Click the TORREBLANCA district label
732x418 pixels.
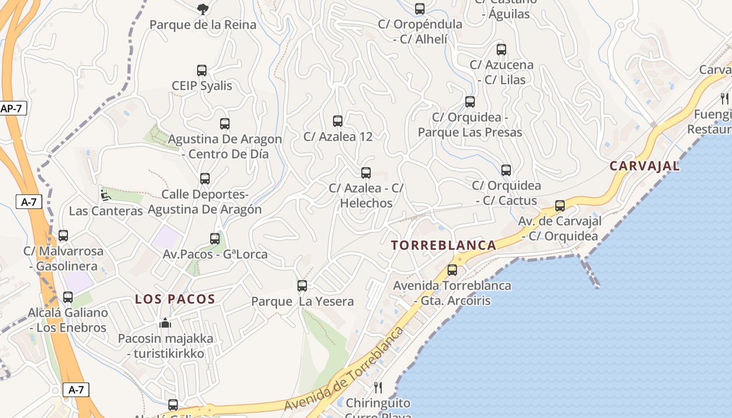[x=443, y=245]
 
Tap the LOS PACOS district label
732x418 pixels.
[x=175, y=299]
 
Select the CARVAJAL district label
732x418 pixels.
[x=645, y=166]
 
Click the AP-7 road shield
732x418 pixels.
[x=12, y=109]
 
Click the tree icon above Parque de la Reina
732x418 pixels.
[x=203, y=9]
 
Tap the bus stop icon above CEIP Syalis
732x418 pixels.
[x=202, y=71]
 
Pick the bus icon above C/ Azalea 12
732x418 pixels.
[x=338, y=121]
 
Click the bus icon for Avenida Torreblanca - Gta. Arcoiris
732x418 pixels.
[x=452, y=270]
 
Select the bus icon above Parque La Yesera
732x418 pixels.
[x=302, y=286]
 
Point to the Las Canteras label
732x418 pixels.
[x=106, y=211]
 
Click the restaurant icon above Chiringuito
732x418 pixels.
[x=378, y=388]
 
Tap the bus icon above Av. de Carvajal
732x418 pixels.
[x=560, y=206]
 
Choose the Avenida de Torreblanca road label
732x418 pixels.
[x=345, y=369]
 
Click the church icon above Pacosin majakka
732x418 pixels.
[x=165, y=323]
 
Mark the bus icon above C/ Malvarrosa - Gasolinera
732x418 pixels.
[x=63, y=236]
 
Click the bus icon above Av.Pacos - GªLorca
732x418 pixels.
[x=215, y=239]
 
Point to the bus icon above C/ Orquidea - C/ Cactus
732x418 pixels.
[x=506, y=170]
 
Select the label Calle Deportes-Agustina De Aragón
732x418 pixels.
[x=204, y=202]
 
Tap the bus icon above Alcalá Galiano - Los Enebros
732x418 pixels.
[x=68, y=297]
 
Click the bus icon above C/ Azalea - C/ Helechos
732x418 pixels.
[x=366, y=173]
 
